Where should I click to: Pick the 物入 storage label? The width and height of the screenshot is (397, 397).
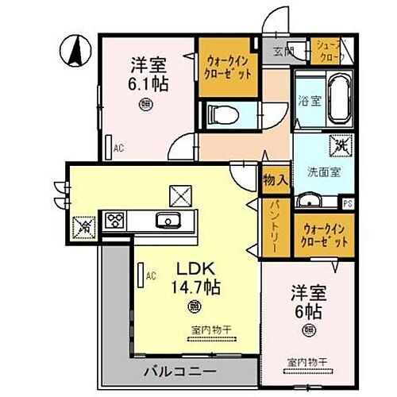(274, 181)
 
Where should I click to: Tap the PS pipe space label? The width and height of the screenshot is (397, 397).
(348, 202)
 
